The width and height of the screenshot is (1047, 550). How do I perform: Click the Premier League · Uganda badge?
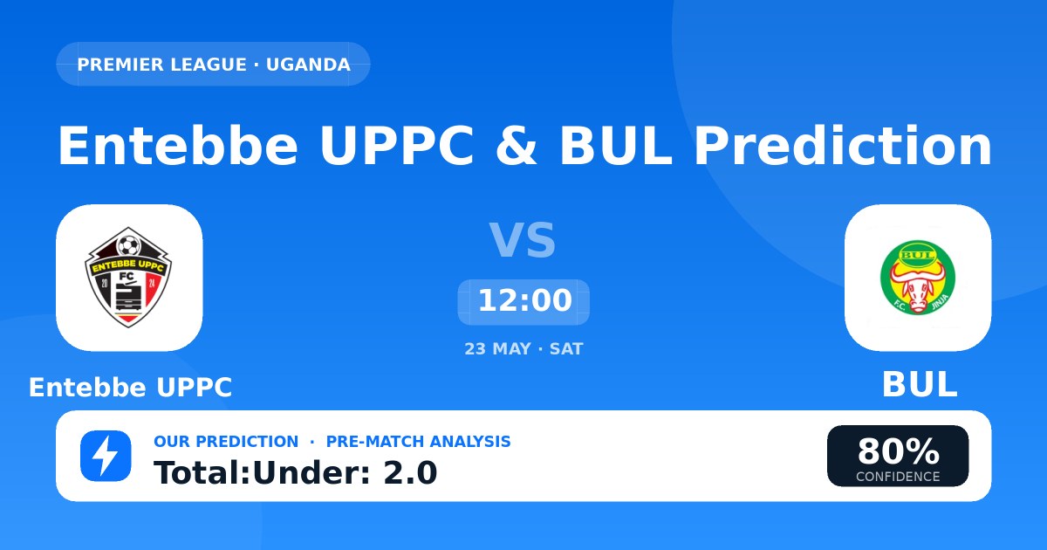coord(213,64)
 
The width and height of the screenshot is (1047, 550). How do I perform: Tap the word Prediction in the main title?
coord(842,146)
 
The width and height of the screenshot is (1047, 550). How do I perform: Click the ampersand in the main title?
coord(517,146)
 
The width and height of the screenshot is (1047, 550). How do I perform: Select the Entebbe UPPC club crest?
coord(128,278)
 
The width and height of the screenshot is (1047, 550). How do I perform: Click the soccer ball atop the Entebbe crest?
coord(128,245)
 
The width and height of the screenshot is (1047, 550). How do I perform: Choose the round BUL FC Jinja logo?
coord(918,278)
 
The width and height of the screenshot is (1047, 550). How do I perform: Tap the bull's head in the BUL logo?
coord(917,286)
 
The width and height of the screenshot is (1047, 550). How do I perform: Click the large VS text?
coord(523,240)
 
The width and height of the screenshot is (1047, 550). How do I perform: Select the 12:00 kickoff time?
coord(524,301)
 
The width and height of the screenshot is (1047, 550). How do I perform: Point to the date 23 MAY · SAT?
coord(524,349)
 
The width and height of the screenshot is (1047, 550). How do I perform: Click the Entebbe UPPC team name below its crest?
coord(130,388)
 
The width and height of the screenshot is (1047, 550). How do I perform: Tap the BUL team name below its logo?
coord(920,384)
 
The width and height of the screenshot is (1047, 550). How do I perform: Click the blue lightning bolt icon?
coord(106,456)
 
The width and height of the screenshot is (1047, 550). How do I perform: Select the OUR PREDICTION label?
coord(226,442)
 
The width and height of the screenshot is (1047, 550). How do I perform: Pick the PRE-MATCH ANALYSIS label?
coord(418,442)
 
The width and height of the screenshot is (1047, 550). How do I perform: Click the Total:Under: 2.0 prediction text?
coord(296,473)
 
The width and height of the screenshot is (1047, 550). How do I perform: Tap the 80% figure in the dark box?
coord(899,451)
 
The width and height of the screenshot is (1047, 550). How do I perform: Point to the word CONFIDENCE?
coord(898,477)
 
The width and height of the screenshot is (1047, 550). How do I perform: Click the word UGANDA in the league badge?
coord(308,65)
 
